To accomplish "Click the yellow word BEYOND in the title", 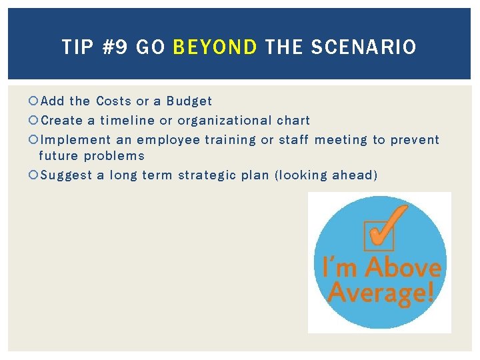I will coord(215,47).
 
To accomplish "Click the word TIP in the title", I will coord(77,47).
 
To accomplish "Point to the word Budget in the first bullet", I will coord(189,101).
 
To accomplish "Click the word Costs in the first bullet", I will coord(113,101).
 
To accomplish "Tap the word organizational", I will coord(224,121).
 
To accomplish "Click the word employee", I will coord(168,140).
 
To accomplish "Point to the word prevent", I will coord(415,140).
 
